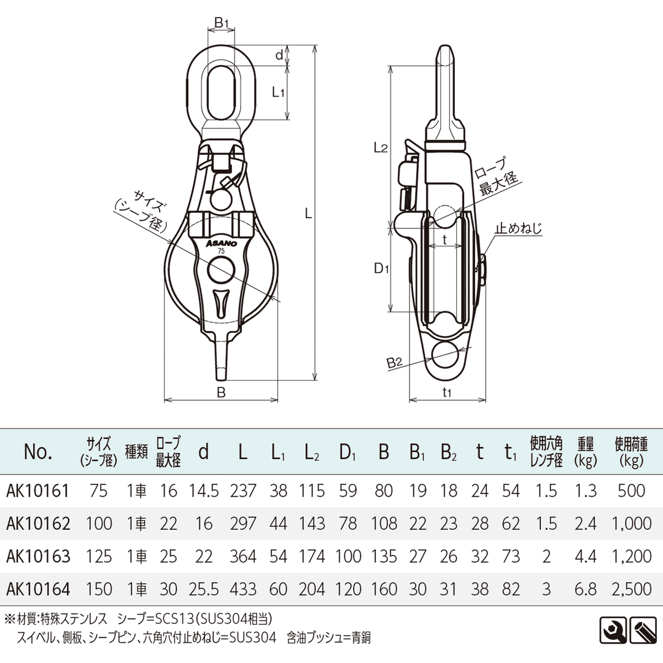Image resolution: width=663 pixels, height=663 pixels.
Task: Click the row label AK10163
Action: point(37,556)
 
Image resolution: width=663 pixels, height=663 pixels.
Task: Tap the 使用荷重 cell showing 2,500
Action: point(632,589)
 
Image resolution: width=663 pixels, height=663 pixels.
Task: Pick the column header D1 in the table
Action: point(347,452)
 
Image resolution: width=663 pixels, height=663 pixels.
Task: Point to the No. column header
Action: point(38,452)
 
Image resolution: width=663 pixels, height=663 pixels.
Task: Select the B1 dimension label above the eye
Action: point(222,23)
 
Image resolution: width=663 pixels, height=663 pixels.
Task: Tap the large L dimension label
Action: point(309,214)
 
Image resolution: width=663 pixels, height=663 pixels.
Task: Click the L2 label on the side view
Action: point(381,147)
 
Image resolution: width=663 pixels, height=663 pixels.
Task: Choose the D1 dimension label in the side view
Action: point(382,269)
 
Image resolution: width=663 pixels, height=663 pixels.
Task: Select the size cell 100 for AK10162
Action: point(99,523)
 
